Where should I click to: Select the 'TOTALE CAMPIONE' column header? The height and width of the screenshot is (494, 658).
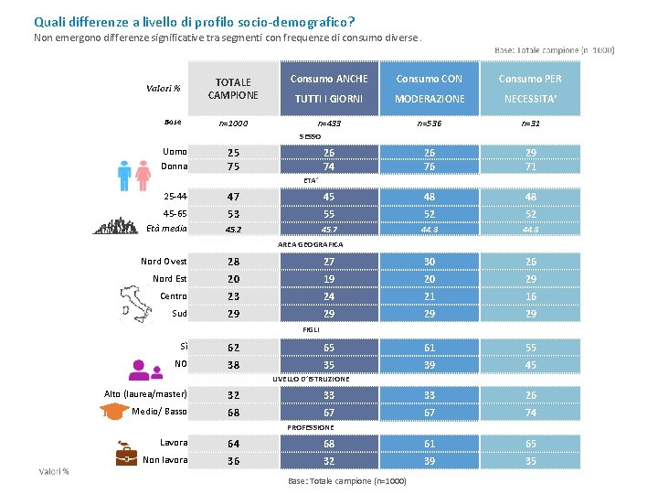tap(233, 89)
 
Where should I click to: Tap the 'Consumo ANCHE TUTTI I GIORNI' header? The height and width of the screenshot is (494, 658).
tap(329, 89)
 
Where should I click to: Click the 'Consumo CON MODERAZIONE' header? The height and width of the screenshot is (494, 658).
tap(430, 89)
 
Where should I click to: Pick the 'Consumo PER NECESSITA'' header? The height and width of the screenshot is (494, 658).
tap(530, 89)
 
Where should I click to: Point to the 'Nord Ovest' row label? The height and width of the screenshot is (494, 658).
tap(164, 262)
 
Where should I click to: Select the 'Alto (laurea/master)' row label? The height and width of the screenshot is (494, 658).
tap(145, 394)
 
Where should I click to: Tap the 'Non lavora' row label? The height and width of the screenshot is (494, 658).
tap(164, 460)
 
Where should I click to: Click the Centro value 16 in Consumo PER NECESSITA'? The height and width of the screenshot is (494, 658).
tap(530, 296)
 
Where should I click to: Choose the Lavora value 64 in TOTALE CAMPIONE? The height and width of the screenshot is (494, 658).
tap(233, 445)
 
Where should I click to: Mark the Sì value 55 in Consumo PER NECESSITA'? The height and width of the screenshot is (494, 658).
tap(530, 348)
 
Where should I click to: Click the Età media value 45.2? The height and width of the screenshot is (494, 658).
tap(233, 230)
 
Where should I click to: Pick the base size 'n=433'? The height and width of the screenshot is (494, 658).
tap(329, 123)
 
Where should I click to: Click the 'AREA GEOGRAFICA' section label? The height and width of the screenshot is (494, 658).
tap(311, 245)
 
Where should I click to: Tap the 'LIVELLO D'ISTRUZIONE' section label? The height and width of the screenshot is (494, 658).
tap(311, 379)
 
